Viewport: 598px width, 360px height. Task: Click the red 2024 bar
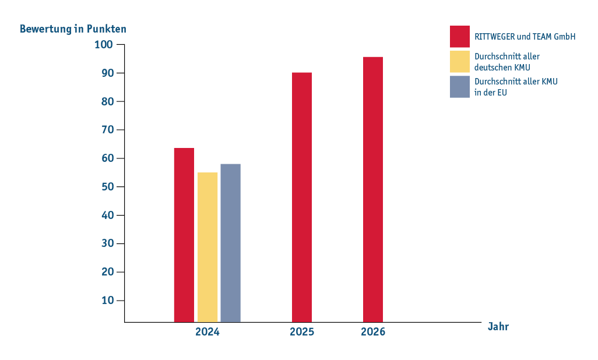click(x=184, y=235)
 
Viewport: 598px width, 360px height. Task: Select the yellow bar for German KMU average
click(x=207, y=247)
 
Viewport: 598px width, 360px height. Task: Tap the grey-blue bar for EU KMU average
click(x=230, y=243)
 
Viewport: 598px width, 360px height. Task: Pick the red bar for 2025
click(x=302, y=197)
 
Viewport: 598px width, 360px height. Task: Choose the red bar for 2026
click(x=373, y=189)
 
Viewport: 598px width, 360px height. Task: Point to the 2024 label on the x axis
click(x=207, y=332)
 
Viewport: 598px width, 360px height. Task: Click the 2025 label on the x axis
click(x=302, y=332)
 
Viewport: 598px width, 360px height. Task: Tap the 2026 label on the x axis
click(x=373, y=332)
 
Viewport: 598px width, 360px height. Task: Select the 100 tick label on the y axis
click(x=104, y=45)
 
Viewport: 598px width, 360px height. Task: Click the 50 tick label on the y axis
click(x=108, y=187)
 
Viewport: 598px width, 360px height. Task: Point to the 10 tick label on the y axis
click(x=108, y=301)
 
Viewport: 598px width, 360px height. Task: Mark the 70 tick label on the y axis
click(x=108, y=130)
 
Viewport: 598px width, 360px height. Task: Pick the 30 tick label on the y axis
click(x=108, y=243)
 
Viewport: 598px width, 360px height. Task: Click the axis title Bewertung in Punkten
click(x=73, y=29)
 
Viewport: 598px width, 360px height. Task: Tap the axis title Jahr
click(x=498, y=326)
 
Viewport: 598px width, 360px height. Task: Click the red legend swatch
click(x=459, y=37)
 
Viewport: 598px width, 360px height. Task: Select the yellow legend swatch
click(x=459, y=61)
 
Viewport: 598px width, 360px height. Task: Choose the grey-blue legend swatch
click(x=459, y=87)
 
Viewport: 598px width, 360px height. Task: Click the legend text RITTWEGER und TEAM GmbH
click(x=525, y=37)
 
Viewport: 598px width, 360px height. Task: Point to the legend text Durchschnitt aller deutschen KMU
click(x=507, y=62)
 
